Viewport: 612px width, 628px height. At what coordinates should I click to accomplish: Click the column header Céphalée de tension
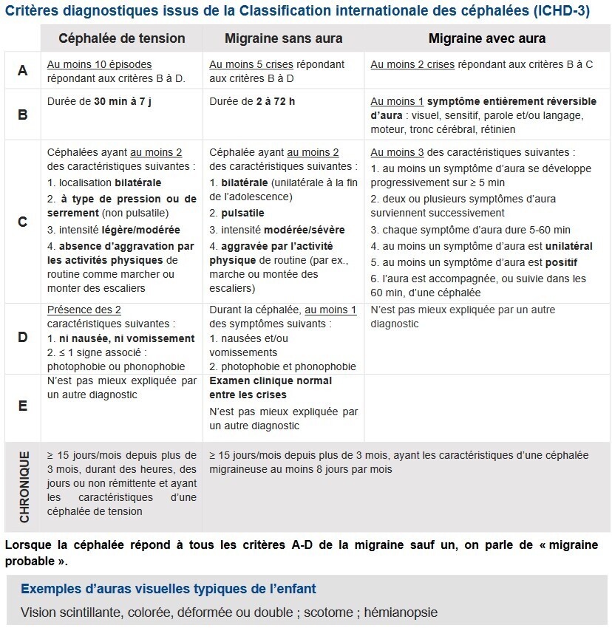tap(122, 38)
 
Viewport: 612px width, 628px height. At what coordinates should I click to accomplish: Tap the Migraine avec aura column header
tap(487, 38)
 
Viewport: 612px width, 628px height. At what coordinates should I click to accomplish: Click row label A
tap(23, 70)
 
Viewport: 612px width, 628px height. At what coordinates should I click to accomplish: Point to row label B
tap(23, 115)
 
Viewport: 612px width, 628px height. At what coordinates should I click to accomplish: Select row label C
tap(23, 221)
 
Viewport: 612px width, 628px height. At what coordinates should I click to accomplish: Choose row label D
tap(23, 338)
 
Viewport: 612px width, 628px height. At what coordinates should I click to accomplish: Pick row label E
tap(23, 406)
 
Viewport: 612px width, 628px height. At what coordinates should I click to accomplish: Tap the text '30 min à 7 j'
tap(123, 101)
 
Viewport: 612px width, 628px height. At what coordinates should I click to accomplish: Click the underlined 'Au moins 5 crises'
tap(251, 64)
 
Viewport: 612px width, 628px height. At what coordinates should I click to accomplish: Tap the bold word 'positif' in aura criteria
tap(561, 262)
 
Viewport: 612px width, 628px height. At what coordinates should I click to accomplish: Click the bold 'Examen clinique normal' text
tap(271, 381)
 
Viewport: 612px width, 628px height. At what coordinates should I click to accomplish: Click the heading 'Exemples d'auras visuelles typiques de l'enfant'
tap(169, 588)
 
